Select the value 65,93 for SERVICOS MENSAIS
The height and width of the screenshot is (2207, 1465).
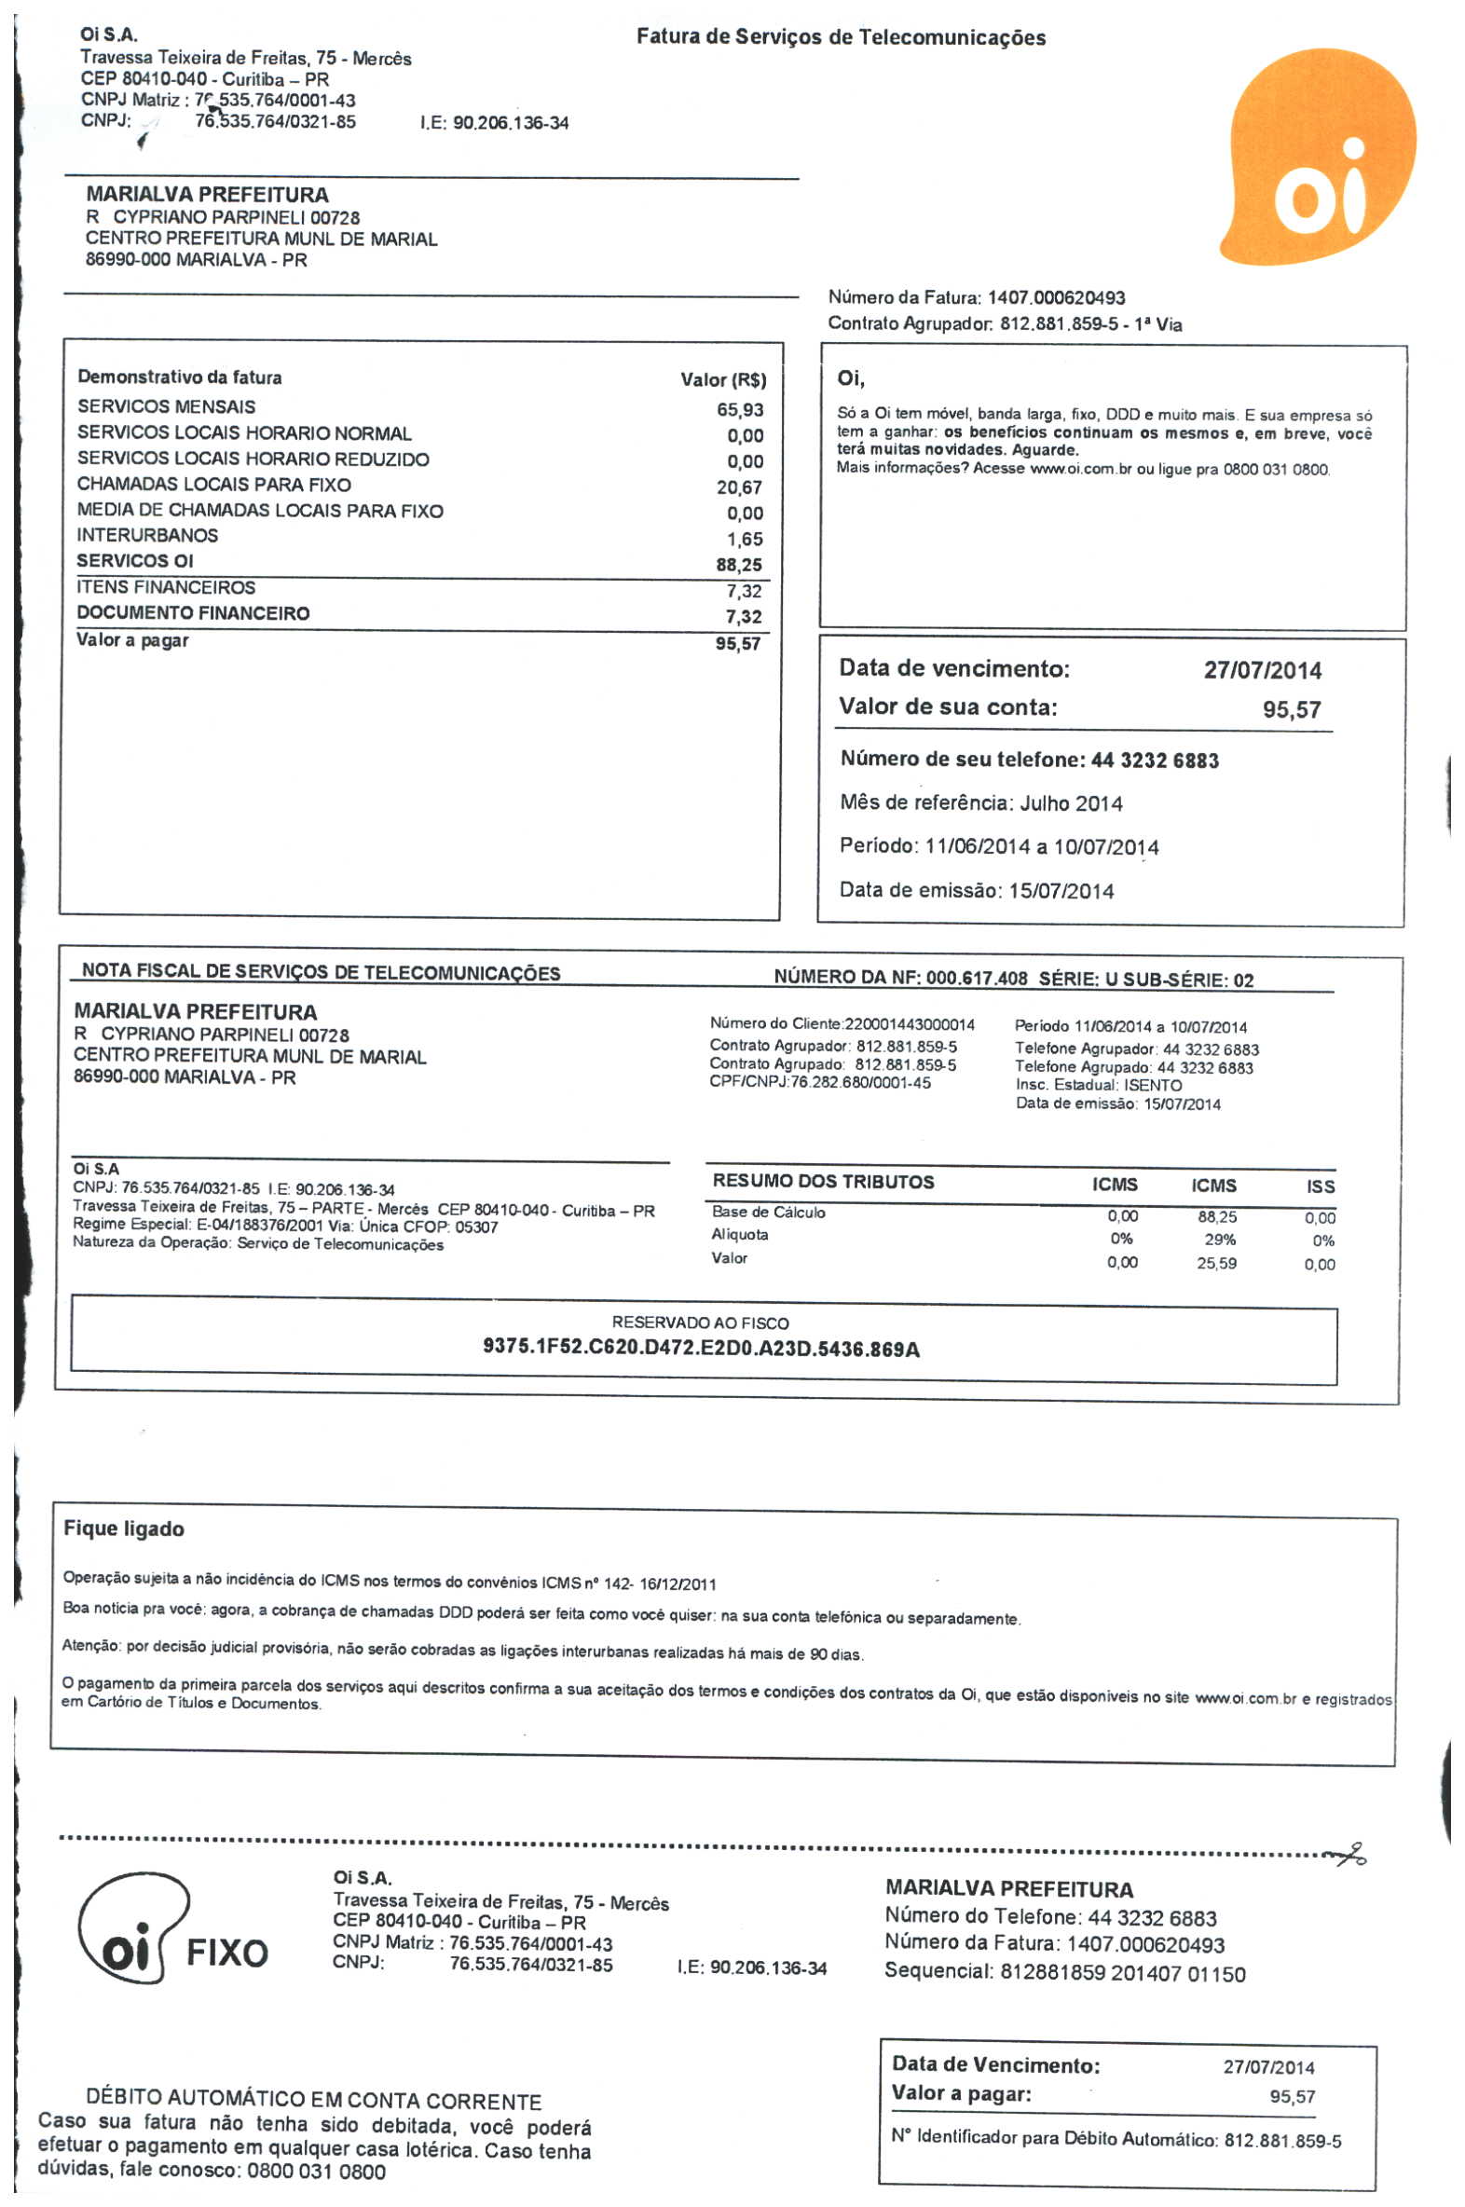tap(740, 409)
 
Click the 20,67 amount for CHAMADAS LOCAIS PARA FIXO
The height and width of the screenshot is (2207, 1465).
tap(739, 487)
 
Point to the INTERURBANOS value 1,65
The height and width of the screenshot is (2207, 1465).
tap(745, 539)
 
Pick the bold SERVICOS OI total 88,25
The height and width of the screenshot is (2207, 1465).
tap(739, 565)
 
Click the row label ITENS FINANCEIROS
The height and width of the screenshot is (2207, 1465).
tap(166, 587)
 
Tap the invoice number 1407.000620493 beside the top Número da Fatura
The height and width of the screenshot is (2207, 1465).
tap(1056, 298)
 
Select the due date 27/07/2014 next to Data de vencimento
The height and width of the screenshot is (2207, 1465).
tap(1262, 670)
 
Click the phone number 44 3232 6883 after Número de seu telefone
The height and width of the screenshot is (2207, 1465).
tap(1155, 760)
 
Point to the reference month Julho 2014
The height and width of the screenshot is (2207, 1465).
tap(1071, 803)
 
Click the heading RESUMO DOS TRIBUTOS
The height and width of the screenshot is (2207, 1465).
tap(823, 1181)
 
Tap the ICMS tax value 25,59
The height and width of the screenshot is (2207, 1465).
tap(1216, 1263)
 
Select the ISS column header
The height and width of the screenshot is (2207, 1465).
tap(1321, 1186)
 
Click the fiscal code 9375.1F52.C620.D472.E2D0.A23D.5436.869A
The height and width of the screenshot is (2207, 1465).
tap(701, 1349)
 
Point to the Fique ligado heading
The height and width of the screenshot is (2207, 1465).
tap(124, 1528)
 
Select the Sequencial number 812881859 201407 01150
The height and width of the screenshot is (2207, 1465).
tap(1122, 1972)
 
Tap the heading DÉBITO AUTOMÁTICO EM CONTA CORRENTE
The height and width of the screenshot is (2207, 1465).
tap(314, 2102)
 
